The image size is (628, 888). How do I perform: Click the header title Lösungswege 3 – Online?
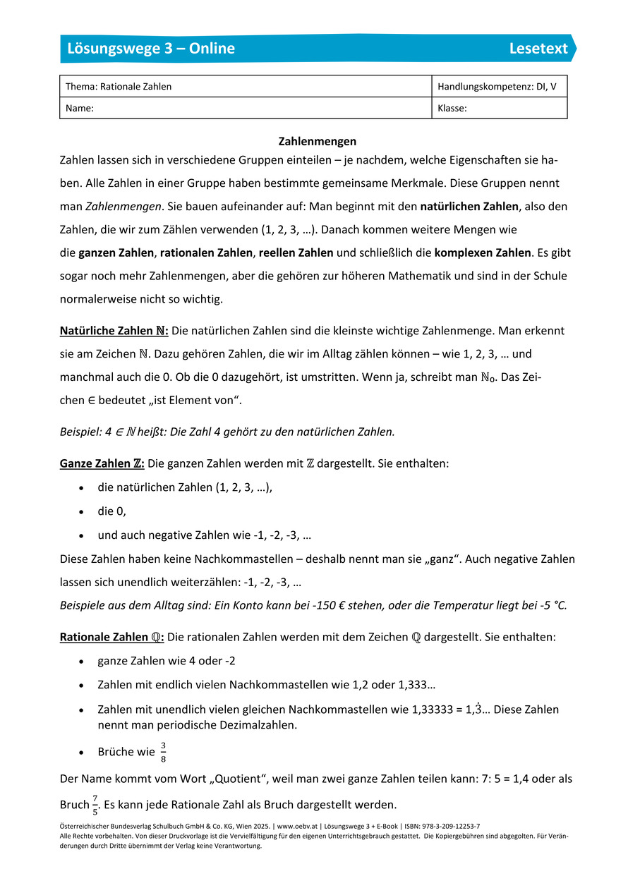(151, 49)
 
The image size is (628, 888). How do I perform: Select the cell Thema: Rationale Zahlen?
(119, 87)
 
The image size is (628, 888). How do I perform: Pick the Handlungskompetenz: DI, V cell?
(497, 87)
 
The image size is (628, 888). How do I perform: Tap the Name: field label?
(80, 109)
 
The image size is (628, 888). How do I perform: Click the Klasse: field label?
(452, 109)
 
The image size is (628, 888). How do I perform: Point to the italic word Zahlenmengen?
(123, 207)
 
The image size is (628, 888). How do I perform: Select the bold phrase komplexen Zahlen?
(482, 253)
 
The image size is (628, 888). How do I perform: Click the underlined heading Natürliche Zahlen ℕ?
(114, 330)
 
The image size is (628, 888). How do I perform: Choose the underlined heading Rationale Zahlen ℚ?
(111, 637)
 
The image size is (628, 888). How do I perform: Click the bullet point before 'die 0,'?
(83, 512)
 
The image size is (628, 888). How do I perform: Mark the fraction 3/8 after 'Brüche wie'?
(163, 753)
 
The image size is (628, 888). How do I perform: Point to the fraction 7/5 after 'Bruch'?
(95, 805)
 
